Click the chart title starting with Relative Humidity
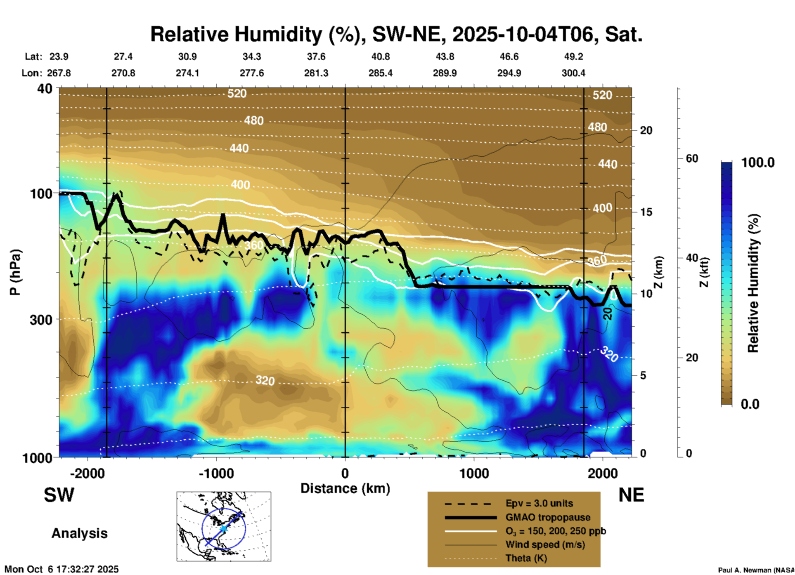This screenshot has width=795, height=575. click(x=396, y=34)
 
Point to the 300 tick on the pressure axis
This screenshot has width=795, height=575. click(x=41, y=319)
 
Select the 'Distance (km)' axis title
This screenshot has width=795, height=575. click(x=345, y=488)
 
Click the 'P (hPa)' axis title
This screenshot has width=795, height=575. click(x=15, y=272)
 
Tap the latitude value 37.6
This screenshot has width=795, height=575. click(x=316, y=57)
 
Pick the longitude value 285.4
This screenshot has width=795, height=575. click(x=380, y=73)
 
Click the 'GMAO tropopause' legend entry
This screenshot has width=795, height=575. click(x=548, y=517)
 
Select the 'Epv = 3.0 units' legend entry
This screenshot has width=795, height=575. click(x=539, y=504)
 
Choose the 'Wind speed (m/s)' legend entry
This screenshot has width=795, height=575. click(x=545, y=544)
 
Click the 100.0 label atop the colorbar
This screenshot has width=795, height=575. click(x=758, y=163)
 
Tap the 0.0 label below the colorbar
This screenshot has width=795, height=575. click(x=750, y=404)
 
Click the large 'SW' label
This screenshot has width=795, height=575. click(x=59, y=495)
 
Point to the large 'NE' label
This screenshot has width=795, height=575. click(x=631, y=495)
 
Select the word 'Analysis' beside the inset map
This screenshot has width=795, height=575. click(x=79, y=533)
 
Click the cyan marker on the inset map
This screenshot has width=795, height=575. click(x=223, y=528)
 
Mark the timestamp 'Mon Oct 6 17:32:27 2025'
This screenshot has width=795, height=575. click(x=62, y=569)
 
